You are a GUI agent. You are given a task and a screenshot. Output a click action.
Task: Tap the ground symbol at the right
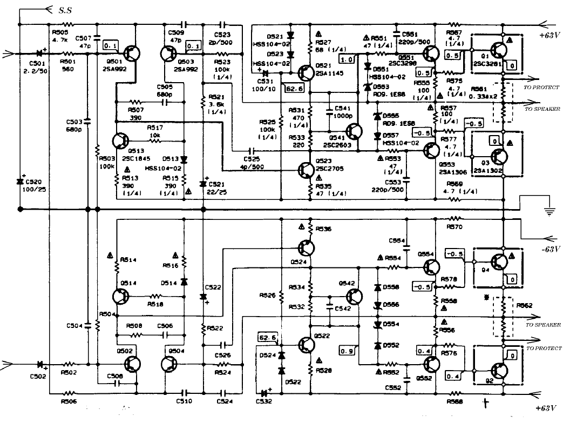pos(549,210)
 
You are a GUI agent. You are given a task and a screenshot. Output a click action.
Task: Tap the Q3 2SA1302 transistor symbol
pos(498,157)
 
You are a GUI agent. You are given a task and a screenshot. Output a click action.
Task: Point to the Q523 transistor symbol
pos(307,171)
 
